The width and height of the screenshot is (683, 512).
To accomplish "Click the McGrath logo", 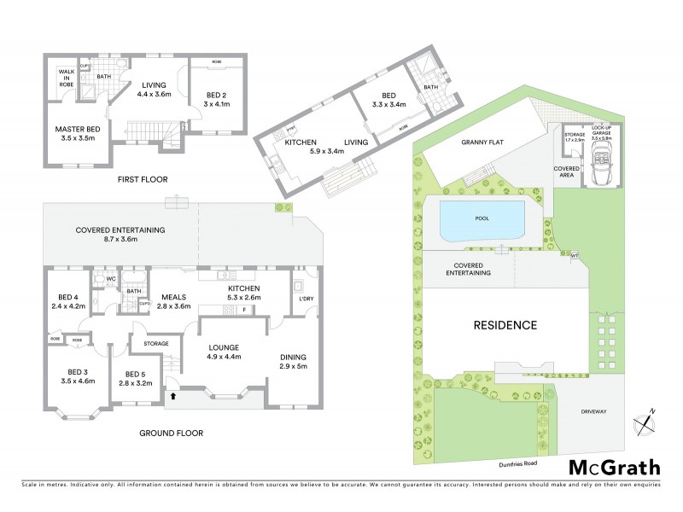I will click(x=615, y=467).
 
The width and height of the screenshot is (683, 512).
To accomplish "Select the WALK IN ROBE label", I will click(x=67, y=79).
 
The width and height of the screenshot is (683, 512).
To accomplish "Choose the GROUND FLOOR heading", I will click(x=171, y=433).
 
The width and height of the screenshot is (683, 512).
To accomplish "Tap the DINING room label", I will click(x=293, y=362).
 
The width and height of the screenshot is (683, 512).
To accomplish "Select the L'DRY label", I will click(x=306, y=297).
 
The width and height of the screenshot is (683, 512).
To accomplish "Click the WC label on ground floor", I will click(x=110, y=278).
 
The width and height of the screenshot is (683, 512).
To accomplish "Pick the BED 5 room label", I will click(x=138, y=379).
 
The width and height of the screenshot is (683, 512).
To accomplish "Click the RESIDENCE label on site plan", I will click(x=506, y=325).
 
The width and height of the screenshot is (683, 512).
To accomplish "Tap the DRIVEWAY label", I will click(x=593, y=411).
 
